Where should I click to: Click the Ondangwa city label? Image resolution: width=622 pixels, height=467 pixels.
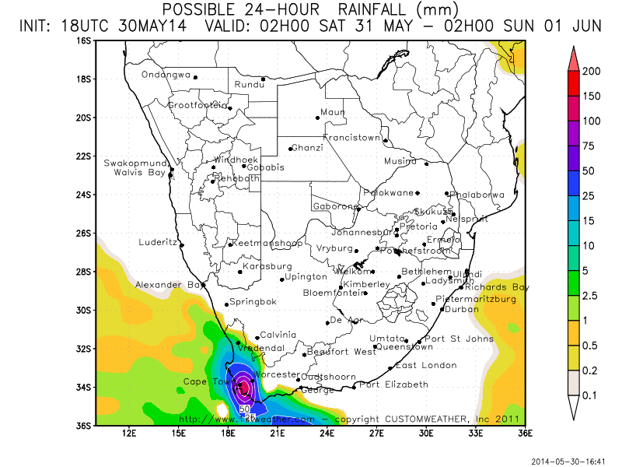(x=166, y=75)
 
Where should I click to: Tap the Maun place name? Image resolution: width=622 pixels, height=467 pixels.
(x=333, y=113)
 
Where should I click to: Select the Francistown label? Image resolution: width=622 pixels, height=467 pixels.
(x=352, y=138)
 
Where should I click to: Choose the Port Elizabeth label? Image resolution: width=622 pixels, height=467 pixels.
(x=394, y=384)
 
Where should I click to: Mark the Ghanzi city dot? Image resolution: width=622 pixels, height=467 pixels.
(x=290, y=149)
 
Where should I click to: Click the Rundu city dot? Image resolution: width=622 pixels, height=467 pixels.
(x=264, y=79)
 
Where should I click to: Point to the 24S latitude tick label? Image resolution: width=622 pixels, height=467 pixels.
(x=85, y=195)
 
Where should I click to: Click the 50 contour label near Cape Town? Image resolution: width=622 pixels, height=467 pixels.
(x=244, y=408)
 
